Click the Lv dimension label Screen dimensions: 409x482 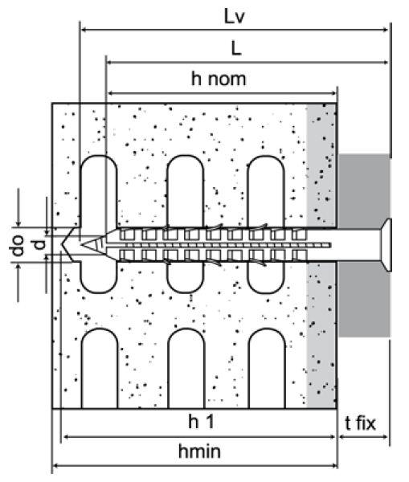[235, 17]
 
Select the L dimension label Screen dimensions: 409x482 [236, 48]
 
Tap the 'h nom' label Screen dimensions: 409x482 [219, 79]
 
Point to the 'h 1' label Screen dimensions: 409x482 [201, 421]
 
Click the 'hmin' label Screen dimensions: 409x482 [199, 451]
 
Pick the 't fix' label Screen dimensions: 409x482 [360, 423]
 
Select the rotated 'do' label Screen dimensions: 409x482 [18, 245]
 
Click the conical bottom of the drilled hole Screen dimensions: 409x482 [67, 245]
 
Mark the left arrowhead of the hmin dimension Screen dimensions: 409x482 [57, 466]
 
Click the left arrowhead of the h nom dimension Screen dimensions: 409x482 [111, 93]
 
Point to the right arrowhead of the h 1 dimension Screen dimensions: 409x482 [332, 437]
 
